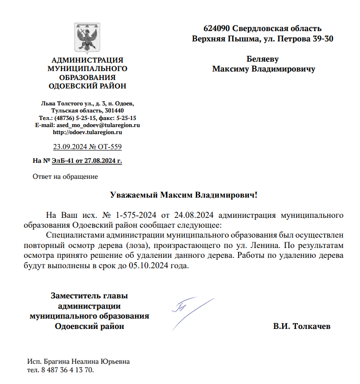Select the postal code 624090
coord(217,28)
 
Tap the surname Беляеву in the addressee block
coord(263,59)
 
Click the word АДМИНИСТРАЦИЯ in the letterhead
coord(88,60)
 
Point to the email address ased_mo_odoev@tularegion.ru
coord(98,126)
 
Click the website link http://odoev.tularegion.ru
coord(88,133)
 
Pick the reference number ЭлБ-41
coord(63,161)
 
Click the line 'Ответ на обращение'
coord(65,177)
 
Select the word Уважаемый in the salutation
coord(134,194)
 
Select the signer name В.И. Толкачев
coord(302,326)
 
